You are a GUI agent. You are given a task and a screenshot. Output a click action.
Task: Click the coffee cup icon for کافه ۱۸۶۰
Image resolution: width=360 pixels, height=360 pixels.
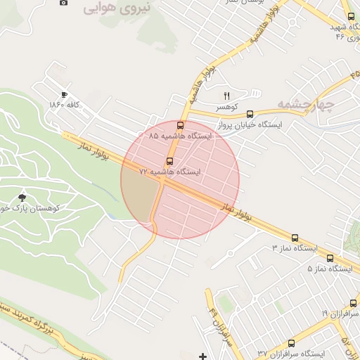pos(64,95)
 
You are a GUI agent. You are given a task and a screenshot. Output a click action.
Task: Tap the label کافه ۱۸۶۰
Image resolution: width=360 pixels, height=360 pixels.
pos(65,105)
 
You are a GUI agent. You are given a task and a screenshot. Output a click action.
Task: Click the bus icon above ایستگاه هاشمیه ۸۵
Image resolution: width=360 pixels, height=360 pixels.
pos(181,126)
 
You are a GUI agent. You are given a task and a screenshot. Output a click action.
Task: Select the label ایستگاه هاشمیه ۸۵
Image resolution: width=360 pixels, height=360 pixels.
pos(180,135)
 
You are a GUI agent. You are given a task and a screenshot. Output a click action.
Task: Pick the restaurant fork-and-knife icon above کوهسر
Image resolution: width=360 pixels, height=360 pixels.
pos(226,96)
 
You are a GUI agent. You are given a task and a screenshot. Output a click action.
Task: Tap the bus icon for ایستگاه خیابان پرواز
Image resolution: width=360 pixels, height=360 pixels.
pos(250,114)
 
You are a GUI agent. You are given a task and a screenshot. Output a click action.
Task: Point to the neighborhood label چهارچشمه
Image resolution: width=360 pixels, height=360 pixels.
pos(304,104)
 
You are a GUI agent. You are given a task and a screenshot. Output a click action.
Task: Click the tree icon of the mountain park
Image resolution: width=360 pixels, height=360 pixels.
pos(23,198)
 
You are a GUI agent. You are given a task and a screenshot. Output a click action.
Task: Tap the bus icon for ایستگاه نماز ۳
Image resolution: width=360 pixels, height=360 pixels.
pos(294,238)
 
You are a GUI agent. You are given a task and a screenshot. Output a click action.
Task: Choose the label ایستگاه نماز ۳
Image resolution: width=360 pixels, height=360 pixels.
pos(295,248)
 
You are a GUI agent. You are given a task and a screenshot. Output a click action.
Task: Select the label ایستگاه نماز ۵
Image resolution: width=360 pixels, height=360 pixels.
pos(329,269)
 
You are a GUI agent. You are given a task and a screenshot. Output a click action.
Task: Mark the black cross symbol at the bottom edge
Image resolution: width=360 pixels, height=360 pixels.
pos(203,356)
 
